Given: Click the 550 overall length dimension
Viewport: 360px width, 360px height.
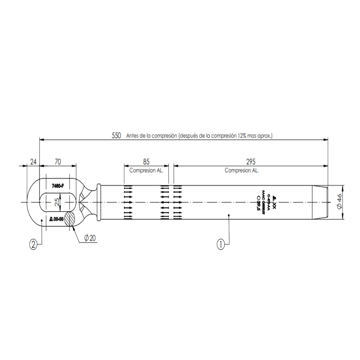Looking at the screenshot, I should click(116, 136).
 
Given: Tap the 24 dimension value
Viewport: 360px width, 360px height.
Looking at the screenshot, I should click(33, 162).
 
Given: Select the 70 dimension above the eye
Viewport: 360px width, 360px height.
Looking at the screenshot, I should click(58, 162).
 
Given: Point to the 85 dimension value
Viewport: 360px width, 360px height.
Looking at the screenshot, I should click(146, 162).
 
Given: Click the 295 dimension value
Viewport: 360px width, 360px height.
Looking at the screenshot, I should click(251, 162).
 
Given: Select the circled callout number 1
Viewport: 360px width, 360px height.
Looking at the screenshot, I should click(220, 244).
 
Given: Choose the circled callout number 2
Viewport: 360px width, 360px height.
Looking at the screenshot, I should click(33, 244).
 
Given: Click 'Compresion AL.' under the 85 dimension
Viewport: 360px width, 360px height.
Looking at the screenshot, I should click(146, 170).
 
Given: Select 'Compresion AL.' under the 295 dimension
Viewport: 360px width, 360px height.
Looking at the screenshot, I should click(242, 170).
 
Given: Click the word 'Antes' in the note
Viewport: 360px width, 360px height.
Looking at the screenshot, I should click(132, 136).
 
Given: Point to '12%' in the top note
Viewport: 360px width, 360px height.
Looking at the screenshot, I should click(242, 136).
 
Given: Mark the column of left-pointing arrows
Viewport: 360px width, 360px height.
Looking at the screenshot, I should click(164, 202).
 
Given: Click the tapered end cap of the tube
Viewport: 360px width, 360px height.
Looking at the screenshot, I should click(320, 202).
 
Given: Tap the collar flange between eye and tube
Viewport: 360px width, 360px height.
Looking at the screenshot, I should click(98, 202).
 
